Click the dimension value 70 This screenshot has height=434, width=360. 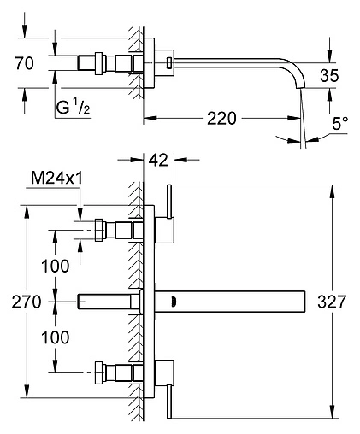24,63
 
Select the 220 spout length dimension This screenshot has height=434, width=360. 221,119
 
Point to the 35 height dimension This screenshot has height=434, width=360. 329,76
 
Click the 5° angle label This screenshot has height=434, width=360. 339,123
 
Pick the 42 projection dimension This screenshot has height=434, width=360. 158,160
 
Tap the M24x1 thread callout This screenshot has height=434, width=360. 56,179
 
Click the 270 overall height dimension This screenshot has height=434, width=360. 27,302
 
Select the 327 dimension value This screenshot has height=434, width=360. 332,302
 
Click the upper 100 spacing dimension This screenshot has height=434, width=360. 56,267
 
